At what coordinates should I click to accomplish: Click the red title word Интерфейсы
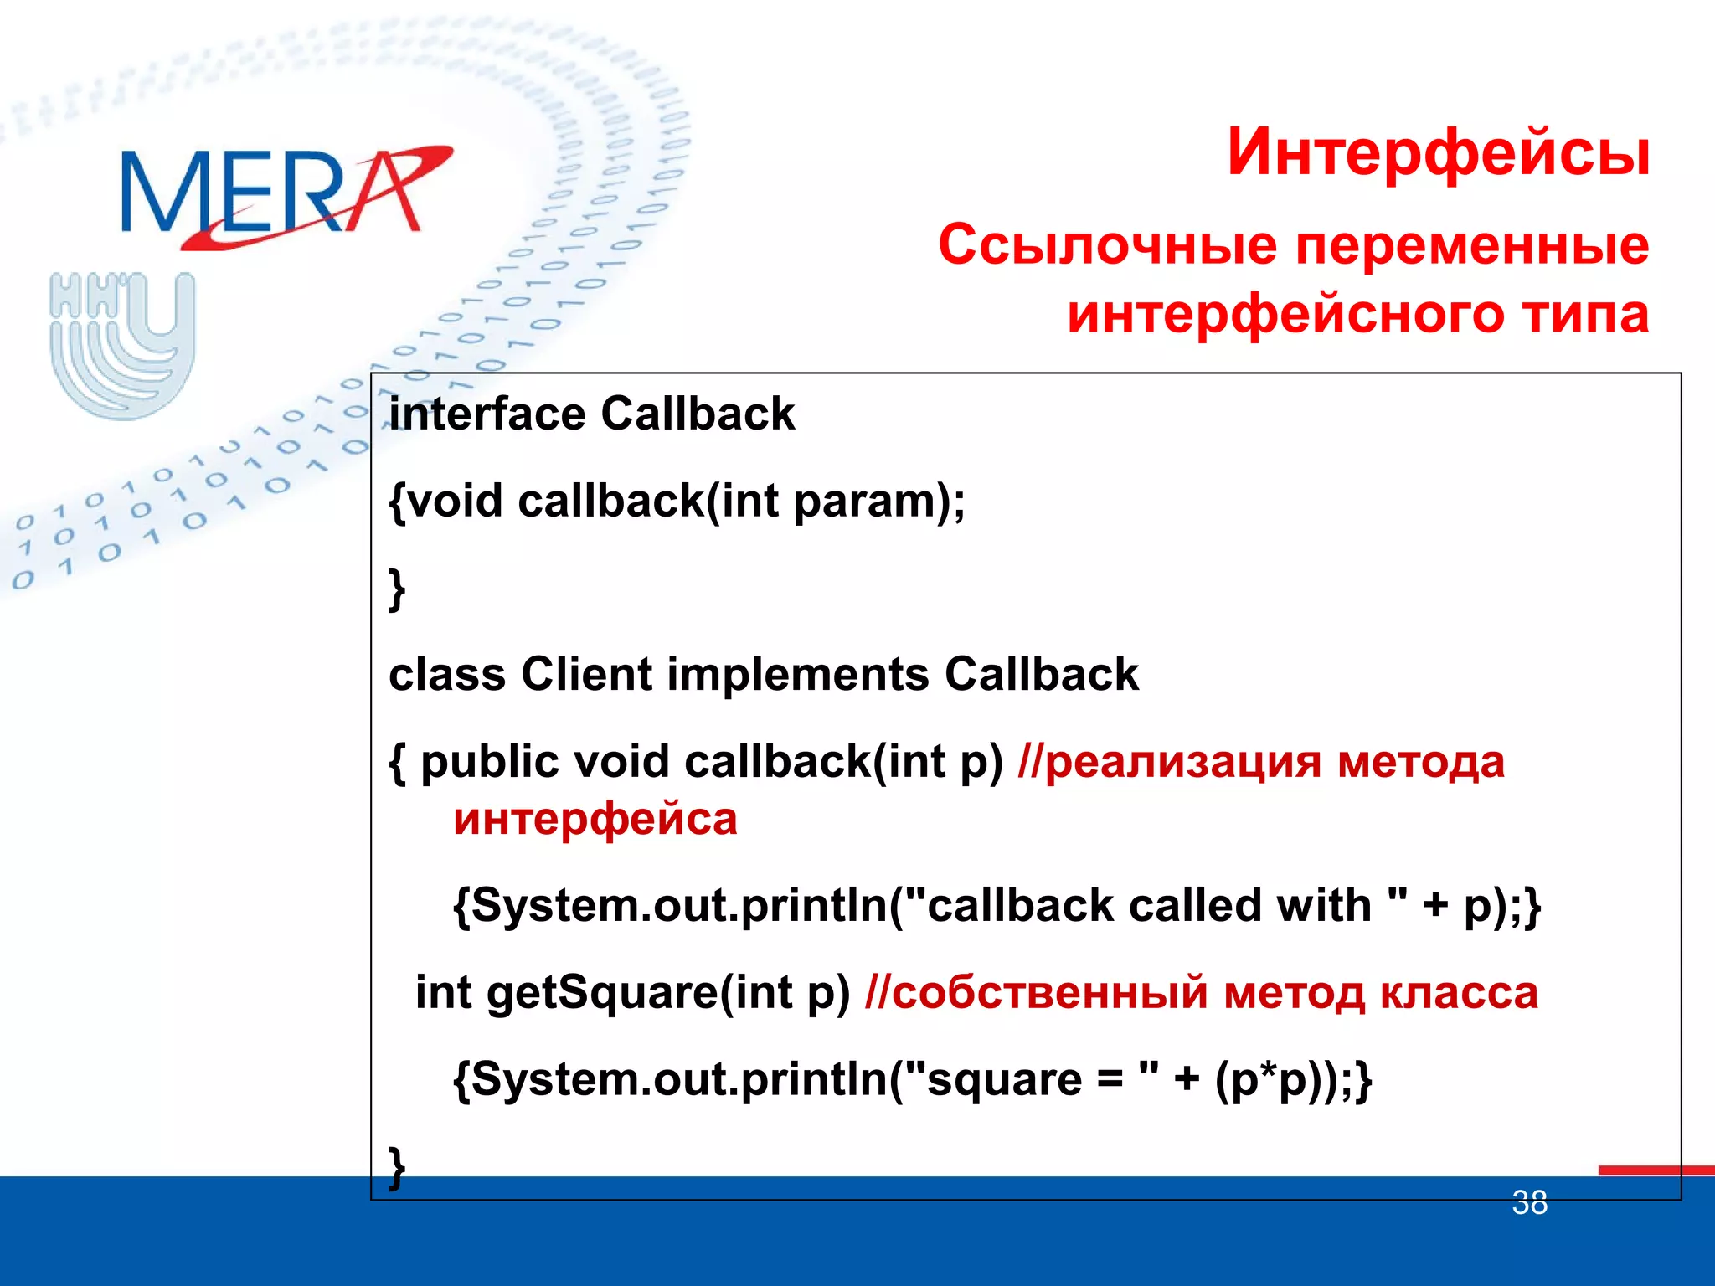click(1438, 152)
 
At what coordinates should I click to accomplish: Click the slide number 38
click(1529, 1203)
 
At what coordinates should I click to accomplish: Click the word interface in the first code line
click(487, 414)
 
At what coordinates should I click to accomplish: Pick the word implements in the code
click(798, 674)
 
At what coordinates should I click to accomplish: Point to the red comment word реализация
click(1183, 762)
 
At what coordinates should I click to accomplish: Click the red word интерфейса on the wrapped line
click(595, 819)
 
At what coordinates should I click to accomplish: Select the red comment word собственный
click(1049, 992)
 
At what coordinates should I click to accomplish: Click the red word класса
click(1459, 992)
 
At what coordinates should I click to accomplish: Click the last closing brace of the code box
click(397, 1166)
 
